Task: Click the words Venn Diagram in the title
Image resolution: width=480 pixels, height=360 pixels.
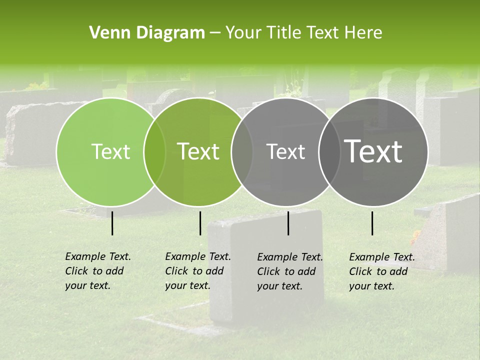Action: (x=147, y=33)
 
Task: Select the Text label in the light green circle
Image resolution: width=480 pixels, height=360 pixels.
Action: (x=110, y=151)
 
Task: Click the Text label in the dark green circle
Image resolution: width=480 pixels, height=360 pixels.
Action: (x=198, y=151)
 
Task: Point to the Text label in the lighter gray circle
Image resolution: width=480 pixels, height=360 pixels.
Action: (x=285, y=151)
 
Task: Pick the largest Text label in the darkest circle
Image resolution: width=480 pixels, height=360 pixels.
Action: (x=373, y=151)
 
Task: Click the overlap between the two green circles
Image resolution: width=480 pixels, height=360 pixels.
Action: (x=154, y=152)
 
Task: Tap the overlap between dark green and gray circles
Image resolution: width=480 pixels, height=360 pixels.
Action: (x=242, y=152)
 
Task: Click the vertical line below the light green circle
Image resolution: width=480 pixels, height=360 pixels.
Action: (x=112, y=223)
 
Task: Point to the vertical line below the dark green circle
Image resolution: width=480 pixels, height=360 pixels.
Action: (x=200, y=223)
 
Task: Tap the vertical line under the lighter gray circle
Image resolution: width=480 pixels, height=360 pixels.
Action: (x=288, y=223)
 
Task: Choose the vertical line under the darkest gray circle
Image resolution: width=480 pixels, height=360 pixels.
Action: (x=372, y=223)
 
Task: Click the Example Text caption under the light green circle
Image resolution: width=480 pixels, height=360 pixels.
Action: (x=97, y=271)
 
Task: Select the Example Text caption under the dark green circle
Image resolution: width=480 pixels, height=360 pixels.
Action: (x=197, y=271)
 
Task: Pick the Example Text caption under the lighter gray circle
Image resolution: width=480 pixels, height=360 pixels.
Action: (x=289, y=271)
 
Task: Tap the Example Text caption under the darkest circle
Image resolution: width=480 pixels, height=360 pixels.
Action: (x=381, y=271)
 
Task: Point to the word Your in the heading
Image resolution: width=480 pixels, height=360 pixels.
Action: (x=243, y=33)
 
